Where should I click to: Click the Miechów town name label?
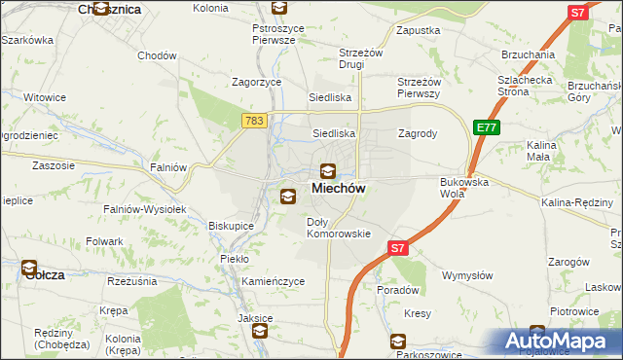339,189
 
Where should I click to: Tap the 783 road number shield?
253,120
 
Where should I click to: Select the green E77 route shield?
486,126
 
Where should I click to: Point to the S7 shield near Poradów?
397,249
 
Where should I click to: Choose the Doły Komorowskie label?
339,228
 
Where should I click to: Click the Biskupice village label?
231,226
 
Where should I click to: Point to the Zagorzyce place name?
256,83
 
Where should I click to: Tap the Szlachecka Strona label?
528,86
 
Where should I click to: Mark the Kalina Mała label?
539,150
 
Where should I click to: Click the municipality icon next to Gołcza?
29,268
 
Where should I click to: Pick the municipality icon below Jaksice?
260,331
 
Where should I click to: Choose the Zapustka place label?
419,30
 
